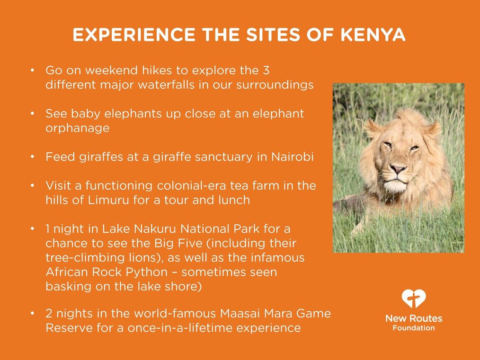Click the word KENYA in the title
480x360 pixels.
[373, 34]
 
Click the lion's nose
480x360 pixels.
[398, 168]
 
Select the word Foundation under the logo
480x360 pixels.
[414, 328]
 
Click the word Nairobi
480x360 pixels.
[293, 157]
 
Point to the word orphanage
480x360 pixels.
[78, 128]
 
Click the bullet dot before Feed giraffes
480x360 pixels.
[33, 157]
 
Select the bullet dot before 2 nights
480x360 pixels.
[33, 314]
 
